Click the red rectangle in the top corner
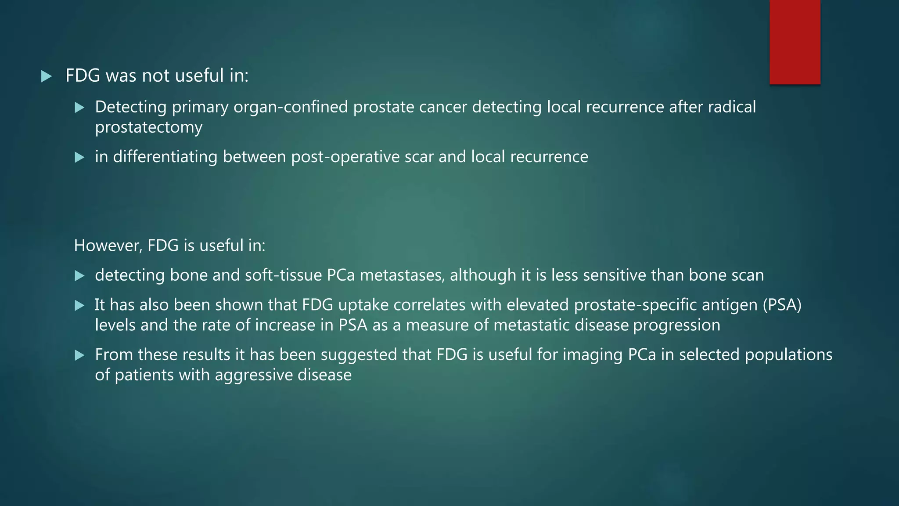point(795,42)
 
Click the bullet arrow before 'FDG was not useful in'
point(46,77)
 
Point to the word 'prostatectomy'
point(149,128)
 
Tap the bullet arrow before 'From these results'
point(79,355)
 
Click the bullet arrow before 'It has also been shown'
point(79,305)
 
